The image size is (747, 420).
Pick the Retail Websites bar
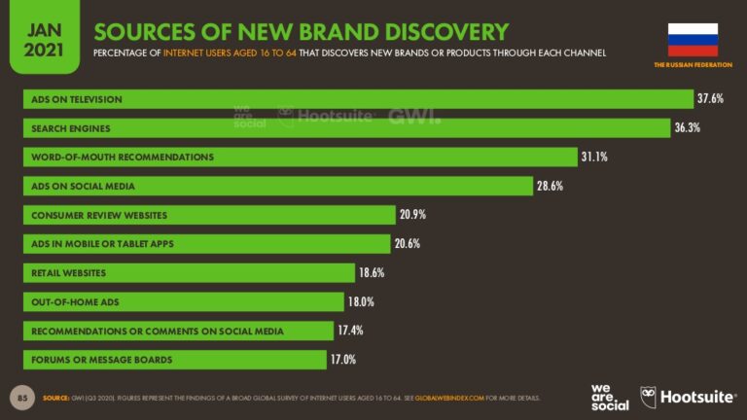[189, 272]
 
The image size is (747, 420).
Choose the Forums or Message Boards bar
[175, 360]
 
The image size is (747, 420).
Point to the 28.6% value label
[551, 186]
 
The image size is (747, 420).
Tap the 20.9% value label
[412, 215]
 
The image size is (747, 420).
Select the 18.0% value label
[362, 302]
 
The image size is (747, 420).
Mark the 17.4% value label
[350, 331]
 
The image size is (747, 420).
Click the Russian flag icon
[693, 39]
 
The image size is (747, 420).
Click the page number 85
[22, 398]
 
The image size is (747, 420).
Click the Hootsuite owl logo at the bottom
[649, 397]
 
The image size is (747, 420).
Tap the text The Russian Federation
[693, 65]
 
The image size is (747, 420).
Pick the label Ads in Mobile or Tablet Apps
[102, 243]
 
